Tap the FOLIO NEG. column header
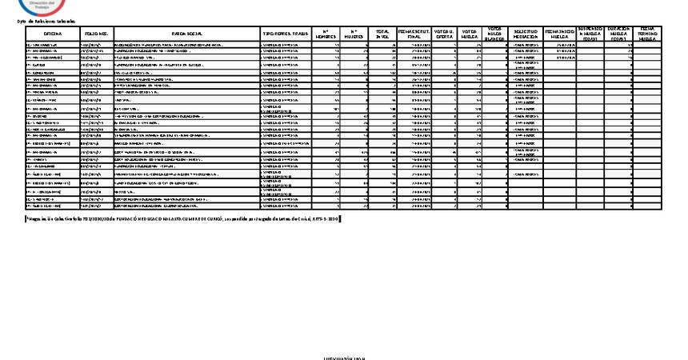pos(95,34)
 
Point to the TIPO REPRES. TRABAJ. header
pos(286,34)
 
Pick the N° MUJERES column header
pos(356,34)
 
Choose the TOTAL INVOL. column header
pos(383,34)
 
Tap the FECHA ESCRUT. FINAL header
pos(414,34)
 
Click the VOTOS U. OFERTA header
pos(445,34)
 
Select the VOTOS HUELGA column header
pos(470,34)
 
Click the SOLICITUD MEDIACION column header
pos(526,34)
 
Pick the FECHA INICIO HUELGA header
pos(558,34)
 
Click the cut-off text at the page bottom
pos(343,358)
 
